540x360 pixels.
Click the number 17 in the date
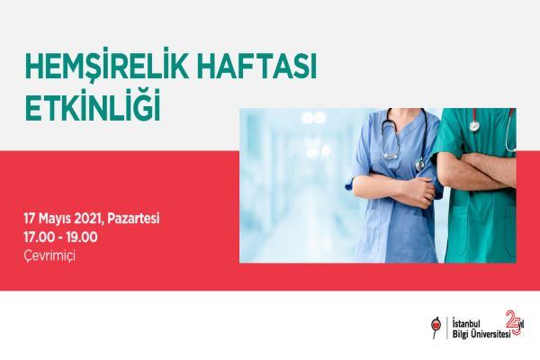click(30, 219)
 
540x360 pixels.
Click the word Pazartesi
click(133, 219)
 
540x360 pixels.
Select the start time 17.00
click(39, 238)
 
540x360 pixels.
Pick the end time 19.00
click(82, 238)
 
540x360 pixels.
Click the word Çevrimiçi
click(49, 256)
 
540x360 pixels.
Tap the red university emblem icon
click(436, 327)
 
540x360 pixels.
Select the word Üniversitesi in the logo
click(490, 334)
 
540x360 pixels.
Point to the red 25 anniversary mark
click(514, 322)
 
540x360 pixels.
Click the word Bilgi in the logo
click(460, 334)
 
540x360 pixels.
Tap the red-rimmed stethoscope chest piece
click(474, 125)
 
